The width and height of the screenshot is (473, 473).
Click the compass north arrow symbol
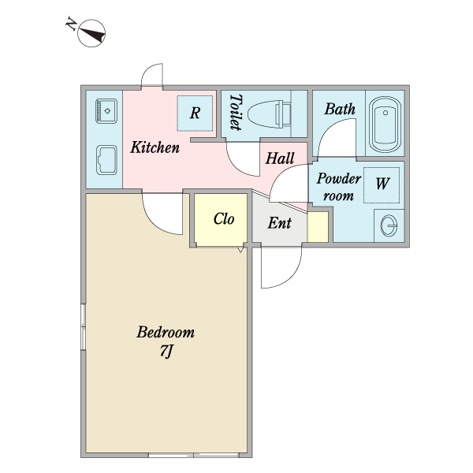pos(91,33)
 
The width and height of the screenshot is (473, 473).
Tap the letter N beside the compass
pos(71,24)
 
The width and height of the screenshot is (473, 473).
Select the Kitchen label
pos(155,147)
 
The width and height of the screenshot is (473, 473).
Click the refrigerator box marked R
pos(195,113)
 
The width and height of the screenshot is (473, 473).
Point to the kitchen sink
pos(106,111)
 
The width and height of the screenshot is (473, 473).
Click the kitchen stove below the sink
pos(106,160)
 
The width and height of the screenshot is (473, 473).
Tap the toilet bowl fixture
pos(269,114)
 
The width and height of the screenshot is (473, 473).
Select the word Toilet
pos(236,112)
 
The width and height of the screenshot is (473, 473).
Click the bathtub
pos(385,125)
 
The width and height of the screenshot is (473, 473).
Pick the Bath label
pos(340,109)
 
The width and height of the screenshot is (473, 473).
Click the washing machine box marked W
pos(382,185)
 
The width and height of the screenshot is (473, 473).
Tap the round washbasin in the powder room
pos(389,225)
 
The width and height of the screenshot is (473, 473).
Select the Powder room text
pos(338,187)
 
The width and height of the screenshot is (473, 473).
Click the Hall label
pos(280,158)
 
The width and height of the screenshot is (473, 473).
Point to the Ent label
pos(279,223)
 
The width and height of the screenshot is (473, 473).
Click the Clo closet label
pos(224,218)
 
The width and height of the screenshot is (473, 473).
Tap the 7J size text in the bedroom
pos(166,351)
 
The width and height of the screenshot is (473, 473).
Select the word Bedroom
pos(166,332)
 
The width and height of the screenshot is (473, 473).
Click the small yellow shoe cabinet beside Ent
pos(318,227)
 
